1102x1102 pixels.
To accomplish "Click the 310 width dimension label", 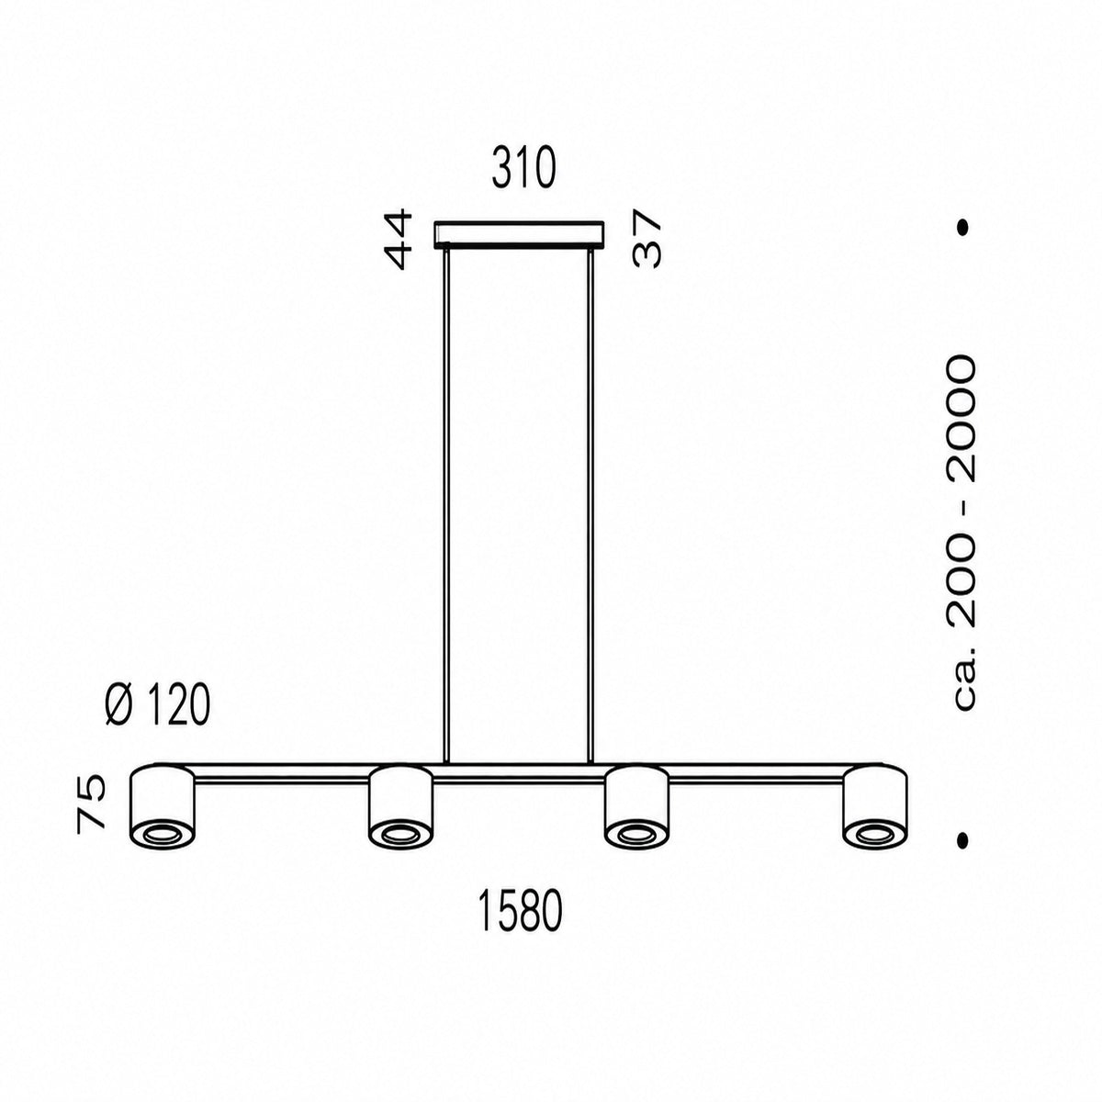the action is pyautogui.click(x=523, y=170).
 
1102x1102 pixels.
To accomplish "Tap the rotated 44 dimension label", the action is pyautogui.click(x=399, y=239).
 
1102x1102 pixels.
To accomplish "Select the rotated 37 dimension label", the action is pyautogui.click(x=647, y=239).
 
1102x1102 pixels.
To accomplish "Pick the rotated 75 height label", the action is pyautogui.click(x=92, y=802).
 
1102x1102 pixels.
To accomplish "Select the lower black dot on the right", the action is pyautogui.click(x=963, y=839).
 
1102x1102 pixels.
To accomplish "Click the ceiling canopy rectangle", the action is pyautogui.click(x=518, y=235).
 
